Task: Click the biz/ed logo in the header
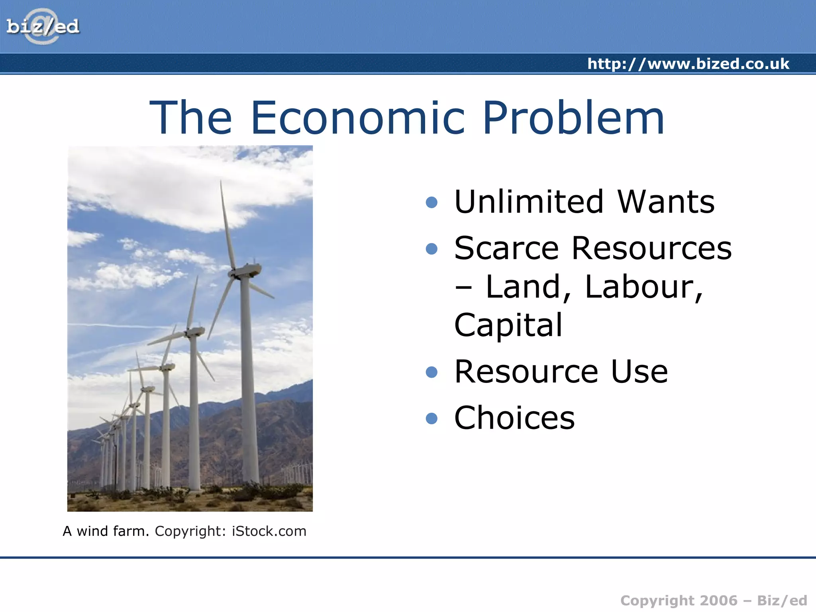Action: (x=43, y=27)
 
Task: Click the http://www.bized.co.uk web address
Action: (x=688, y=64)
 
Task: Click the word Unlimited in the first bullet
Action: (x=529, y=202)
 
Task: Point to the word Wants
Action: (x=666, y=202)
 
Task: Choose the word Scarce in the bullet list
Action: (x=506, y=248)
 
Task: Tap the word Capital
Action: (x=508, y=325)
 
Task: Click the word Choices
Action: (x=514, y=418)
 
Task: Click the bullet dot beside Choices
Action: (x=432, y=418)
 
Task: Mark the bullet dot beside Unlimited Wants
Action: (x=432, y=202)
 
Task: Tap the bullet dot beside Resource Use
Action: (x=432, y=372)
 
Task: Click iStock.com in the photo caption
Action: (x=269, y=531)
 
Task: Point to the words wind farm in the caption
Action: (x=113, y=531)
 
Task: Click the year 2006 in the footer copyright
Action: (x=718, y=600)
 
